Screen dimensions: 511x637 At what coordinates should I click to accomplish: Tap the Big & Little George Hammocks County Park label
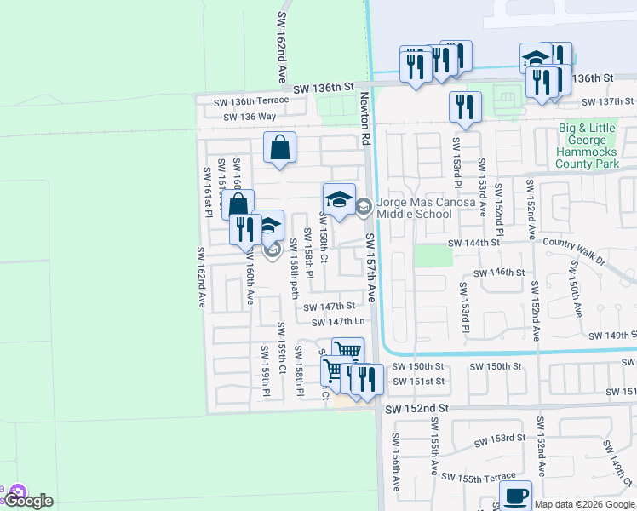point(588,146)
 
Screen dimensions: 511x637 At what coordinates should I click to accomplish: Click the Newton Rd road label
point(364,111)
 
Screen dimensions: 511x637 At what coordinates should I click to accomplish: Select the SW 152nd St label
point(416,410)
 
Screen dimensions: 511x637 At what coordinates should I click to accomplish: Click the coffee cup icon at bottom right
point(515,496)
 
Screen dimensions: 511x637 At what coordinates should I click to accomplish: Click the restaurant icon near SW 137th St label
point(465,106)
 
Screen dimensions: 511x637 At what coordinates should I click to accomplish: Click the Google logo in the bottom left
point(32,501)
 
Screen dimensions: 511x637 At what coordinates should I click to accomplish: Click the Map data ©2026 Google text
point(584,504)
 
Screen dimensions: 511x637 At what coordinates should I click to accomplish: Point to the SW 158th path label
point(293,269)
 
